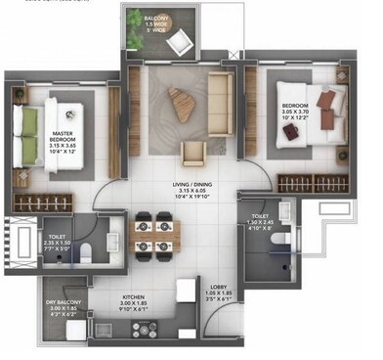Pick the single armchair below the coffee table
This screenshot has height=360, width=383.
(193, 150)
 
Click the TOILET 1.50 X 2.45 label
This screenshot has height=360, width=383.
(261, 223)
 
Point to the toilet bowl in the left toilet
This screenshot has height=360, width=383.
(87, 251)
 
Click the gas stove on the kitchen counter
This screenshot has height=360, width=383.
(147, 329)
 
